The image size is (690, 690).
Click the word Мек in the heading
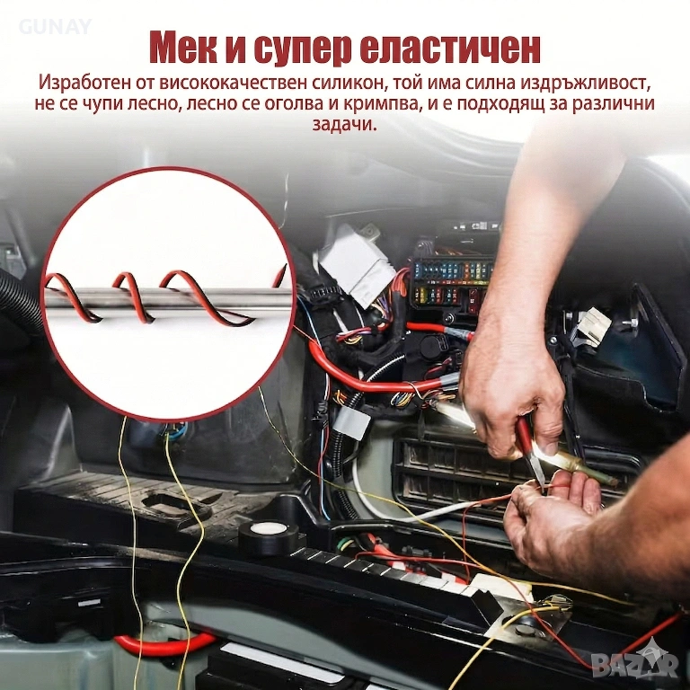coord(183,49)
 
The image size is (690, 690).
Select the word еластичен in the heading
coord(450,49)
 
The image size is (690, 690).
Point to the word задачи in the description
coord(345,125)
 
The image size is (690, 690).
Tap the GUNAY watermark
coord(55,26)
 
